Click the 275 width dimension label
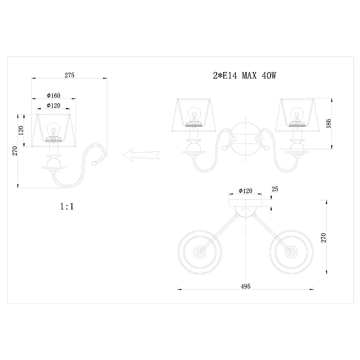[x=70, y=75]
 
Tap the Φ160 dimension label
[x=53, y=95]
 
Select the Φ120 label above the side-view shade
[x=53, y=106]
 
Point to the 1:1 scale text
[x=67, y=206]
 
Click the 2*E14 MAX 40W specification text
[x=245, y=76]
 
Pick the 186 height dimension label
[x=329, y=124]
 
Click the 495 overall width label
[x=245, y=286]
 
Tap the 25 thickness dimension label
[x=275, y=189]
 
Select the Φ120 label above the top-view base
[x=245, y=191]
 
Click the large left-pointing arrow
[x=142, y=155]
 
